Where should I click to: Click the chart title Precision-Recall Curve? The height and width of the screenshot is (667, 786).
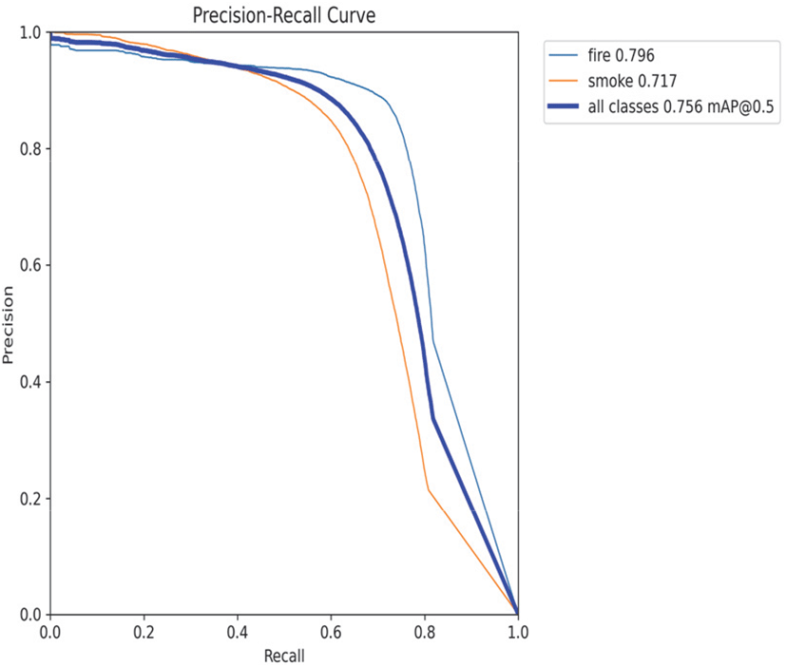[x=283, y=15]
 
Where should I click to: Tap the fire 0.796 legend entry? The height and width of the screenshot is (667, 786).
[x=622, y=57]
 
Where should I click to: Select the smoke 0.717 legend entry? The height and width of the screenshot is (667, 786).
[x=630, y=83]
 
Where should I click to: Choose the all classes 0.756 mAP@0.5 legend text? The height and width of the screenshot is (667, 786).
[x=681, y=108]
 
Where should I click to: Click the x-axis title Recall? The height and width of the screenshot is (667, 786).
[x=284, y=655]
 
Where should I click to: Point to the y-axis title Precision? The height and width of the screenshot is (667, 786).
[x=10, y=323]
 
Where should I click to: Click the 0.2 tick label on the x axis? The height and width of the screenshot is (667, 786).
[x=144, y=632]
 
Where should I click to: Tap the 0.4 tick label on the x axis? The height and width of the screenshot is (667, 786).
[x=237, y=632]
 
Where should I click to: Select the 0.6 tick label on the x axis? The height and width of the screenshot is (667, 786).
[x=330, y=632]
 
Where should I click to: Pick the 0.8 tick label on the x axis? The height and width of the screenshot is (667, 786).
[x=424, y=632]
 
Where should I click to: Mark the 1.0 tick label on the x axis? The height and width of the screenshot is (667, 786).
[x=516, y=632]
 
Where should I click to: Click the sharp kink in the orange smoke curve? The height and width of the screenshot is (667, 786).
[x=428, y=489]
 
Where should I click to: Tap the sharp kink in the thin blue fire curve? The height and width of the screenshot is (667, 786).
[x=433, y=341]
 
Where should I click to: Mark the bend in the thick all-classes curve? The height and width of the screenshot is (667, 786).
[x=432, y=417]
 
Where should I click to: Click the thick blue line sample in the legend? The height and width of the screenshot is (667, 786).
[x=564, y=108]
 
